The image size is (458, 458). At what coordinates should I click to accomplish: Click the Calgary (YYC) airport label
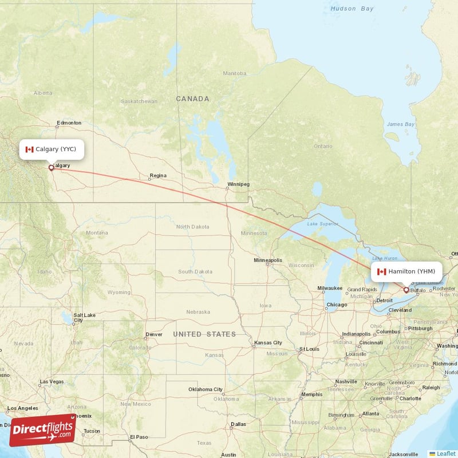click(52, 149)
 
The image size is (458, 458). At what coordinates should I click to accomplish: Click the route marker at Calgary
click(52, 168)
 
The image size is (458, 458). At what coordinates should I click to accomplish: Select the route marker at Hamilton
click(406, 290)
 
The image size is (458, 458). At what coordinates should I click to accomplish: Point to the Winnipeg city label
click(238, 184)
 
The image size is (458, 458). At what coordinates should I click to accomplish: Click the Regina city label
click(158, 176)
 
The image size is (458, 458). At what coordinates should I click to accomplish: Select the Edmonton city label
click(69, 123)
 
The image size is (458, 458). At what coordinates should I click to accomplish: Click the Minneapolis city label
click(268, 260)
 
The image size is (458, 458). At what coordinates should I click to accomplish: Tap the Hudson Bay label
click(352, 9)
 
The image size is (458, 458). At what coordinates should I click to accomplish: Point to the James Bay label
click(400, 124)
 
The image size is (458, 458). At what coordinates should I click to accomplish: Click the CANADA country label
click(192, 99)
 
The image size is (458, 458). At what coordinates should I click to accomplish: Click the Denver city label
click(153, 334)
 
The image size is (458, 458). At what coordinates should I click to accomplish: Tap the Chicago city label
click(337, 305)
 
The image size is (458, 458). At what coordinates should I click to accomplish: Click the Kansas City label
click(269, 343)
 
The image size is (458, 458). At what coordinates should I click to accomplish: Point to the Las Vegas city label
click(52, 381)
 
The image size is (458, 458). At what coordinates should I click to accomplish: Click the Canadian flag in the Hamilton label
click(382, 271)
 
